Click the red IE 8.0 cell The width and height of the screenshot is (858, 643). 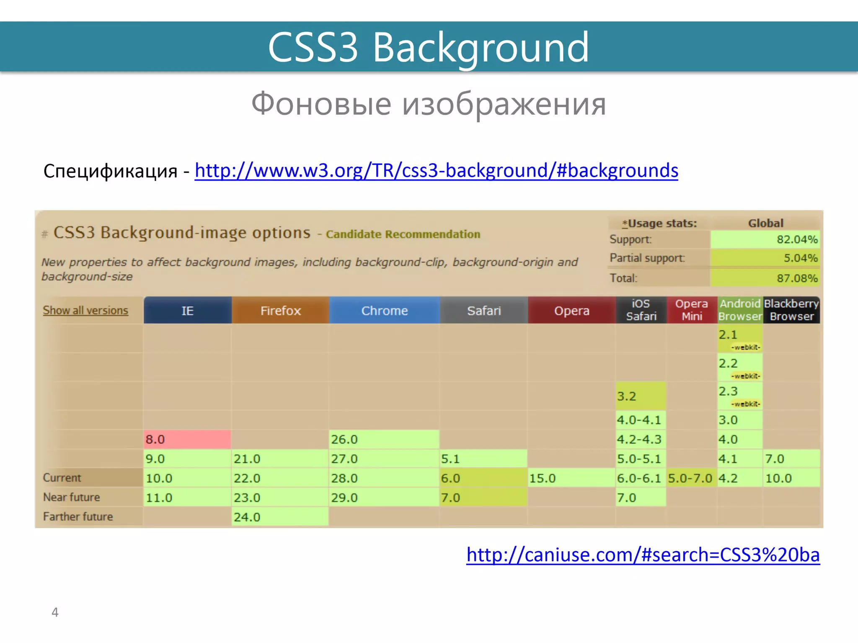(x=187, y=439)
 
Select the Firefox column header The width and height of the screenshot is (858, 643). (x=280, y=311)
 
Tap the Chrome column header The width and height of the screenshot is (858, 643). (x=384, y=311)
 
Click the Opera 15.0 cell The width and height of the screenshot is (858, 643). (x=571, y=478)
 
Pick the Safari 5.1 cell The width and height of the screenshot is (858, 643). (x=483, y=459)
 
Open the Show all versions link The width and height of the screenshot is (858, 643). (x=85, y=310)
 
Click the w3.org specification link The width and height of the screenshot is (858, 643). (x=436, y=170)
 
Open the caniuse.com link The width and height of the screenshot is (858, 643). (x=643, y=555)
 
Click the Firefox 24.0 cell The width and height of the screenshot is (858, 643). (x=280, y=517)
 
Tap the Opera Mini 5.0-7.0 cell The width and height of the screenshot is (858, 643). (x=691, y=478)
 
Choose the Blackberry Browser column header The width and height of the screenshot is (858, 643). (x=791, y=310)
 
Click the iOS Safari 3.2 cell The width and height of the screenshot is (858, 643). (x=640, y=396)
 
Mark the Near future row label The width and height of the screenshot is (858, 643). (x=72, y=497)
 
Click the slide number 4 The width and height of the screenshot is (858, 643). (x=55, y=612)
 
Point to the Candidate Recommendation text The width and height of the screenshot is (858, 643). (x=403, y=234)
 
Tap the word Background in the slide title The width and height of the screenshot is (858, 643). (x=481, y=47)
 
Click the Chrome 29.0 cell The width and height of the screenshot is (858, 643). (x=384, y=498)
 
